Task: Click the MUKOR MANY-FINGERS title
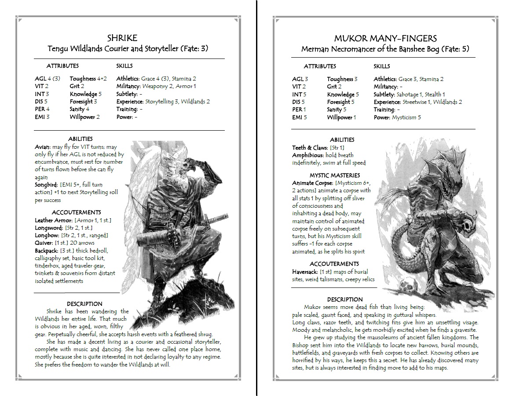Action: click(385, 38)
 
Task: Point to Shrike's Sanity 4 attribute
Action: click(80, 109)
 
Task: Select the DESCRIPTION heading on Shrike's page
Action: click(84, 304)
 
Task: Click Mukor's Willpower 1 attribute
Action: click(341, 117)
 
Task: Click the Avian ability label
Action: click(43, 147)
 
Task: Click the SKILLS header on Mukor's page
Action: click(381, 66)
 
